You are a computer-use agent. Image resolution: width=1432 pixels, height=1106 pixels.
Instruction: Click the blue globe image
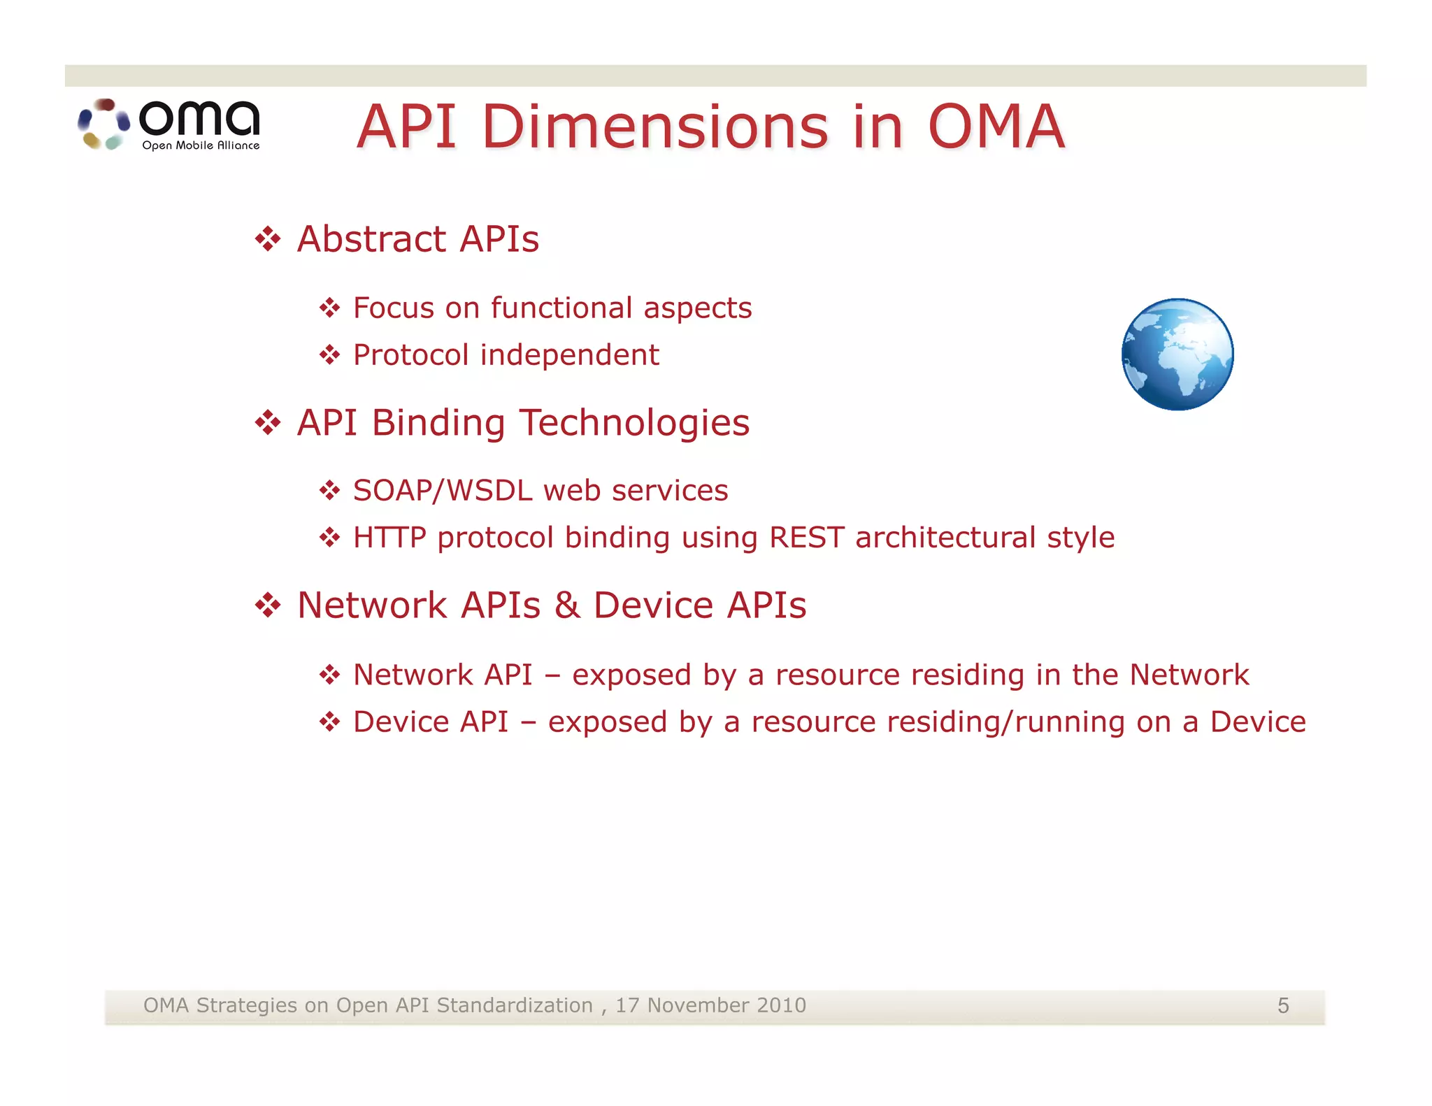coord(1177,354)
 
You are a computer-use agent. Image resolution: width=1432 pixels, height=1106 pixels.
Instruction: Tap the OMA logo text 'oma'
coord(200,118)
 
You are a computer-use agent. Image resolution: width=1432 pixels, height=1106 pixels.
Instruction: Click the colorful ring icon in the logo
coord(103,124)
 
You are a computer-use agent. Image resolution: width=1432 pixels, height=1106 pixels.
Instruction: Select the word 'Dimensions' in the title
coord(655,127)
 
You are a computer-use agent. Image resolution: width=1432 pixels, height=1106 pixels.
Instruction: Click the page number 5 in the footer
coord(1283,1005)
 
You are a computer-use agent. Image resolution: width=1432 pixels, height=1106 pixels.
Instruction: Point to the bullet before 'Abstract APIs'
coord(268,240)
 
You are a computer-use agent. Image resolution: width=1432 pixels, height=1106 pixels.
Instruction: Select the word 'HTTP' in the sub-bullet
coord(389,538)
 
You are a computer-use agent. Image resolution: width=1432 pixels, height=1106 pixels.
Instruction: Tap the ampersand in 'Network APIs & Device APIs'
coord(567,605)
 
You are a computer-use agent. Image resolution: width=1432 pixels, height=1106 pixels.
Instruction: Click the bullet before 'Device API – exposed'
coord(329,721)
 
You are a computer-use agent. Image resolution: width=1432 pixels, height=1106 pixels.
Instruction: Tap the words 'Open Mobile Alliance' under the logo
coord(201,145)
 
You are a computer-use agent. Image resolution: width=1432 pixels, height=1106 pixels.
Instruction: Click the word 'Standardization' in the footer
coord(514,1005)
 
